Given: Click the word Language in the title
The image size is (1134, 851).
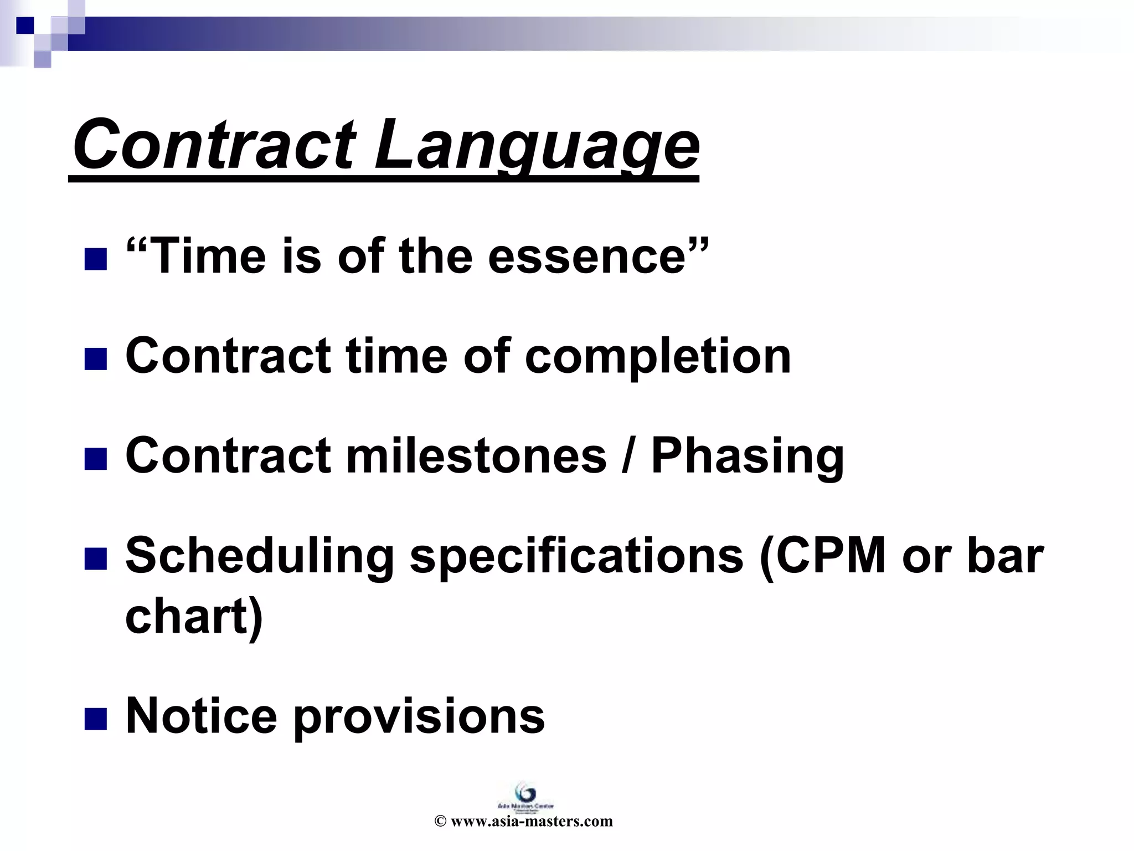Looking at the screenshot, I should [x=536, y=145].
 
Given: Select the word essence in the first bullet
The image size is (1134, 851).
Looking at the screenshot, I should [x=587, y=256].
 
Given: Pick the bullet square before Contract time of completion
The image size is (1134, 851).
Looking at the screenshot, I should [x=95, y=359].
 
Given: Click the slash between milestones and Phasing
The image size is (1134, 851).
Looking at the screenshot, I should [x=627, y=455].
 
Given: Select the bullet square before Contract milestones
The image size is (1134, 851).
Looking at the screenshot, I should [x=95, y=459].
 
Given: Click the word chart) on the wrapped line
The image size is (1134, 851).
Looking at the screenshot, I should [x=194, y=616].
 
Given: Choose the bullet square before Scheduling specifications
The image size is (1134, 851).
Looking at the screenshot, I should [x=95, y=559].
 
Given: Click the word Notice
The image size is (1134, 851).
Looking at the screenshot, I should [x=201, y=716].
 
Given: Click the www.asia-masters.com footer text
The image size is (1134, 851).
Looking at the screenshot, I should [x=531, y=821].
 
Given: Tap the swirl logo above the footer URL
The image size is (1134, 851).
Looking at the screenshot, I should [x=524, y=791].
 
